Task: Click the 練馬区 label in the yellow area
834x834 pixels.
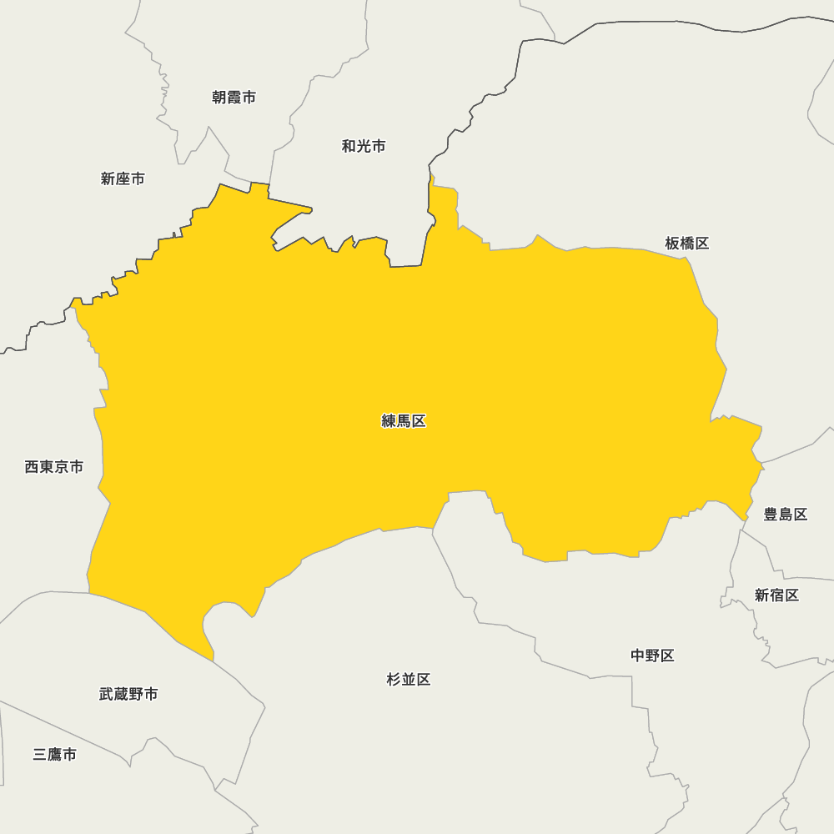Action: pyautogui.click(x=404, y=421)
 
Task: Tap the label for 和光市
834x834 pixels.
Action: pyautogui.click(x=364, y=146)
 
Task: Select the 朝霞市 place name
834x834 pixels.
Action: pyautogui.click(x=234, y=98)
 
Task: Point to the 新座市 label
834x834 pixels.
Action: pyautogui.click(x=123, y=178)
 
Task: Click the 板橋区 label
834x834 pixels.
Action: pyautogui.click(x=687, y=244)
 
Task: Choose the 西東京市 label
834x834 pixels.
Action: pyautogui.click(x=54, y=467)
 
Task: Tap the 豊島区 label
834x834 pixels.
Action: pyautogui.click(x=786, y=515)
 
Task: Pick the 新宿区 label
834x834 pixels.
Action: pyautogui.click(x=776, y=595)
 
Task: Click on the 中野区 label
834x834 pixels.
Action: pyautogui.click(x=652, y=656)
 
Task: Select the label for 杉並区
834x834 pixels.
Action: pyautogui.click(x=409, y=680)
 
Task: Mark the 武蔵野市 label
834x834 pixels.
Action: pyautogui.click(x=128, y=694)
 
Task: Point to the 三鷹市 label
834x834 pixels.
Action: pyautogui.click(x=55, y=755)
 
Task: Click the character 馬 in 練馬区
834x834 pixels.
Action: pyautogui.click(x=404, y=421)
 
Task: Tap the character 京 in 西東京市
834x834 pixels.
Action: pyautogui.click(x=62, y=467)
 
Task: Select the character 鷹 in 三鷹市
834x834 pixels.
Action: pyautogui.click(x=55, y=755)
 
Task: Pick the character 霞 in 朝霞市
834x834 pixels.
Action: pyautogui.click(x=234, y=98)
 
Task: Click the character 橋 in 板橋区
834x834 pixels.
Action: pyautogui.click(x=687, y=244)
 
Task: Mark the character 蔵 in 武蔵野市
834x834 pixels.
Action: pyautogui.click(x=121, y=694)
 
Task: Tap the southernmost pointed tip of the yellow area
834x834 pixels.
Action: pyautogui.click(x=212, y=659)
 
